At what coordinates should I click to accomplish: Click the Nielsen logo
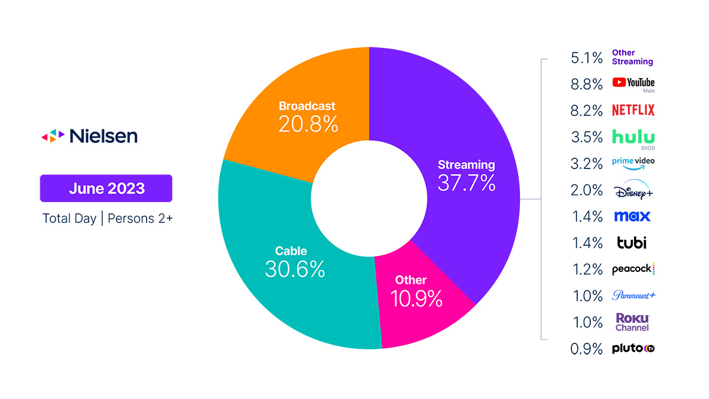tap(89, 136)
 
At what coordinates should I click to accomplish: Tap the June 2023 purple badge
tap(106, 189)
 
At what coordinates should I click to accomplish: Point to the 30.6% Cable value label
tap(295, 270)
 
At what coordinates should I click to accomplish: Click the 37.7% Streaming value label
tap(466, 183)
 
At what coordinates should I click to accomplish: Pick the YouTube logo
tap(633, 83)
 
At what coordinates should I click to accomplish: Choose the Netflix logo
tap(633, 110)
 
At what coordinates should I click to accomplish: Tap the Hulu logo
tap(633, 137)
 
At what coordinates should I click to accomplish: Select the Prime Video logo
tap(633, 163)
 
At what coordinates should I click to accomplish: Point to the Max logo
tap(632, 216)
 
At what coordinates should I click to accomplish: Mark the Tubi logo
tap(632, 242)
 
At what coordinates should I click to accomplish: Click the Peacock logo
tap(633, 269)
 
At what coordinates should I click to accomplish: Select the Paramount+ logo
tap(633, 296)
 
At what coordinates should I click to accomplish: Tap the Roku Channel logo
tap(632, 322)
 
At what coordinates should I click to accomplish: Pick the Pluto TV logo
tap(633, 349)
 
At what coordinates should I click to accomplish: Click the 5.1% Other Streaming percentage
tap(587, 57)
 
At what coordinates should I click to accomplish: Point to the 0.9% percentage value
tap(587, 349)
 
